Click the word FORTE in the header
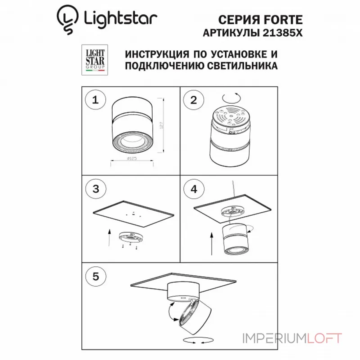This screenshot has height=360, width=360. [285, 19]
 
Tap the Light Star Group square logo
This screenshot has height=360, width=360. [95, 59]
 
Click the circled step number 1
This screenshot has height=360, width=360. [95, 100]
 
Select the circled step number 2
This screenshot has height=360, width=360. [194, 100]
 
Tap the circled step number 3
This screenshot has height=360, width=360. [95, 189]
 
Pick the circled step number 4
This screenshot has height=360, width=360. [194, 189]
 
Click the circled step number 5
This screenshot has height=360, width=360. [95, 275]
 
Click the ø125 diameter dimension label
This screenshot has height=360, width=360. [132, 159]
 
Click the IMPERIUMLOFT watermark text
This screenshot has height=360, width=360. [292, 338]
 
